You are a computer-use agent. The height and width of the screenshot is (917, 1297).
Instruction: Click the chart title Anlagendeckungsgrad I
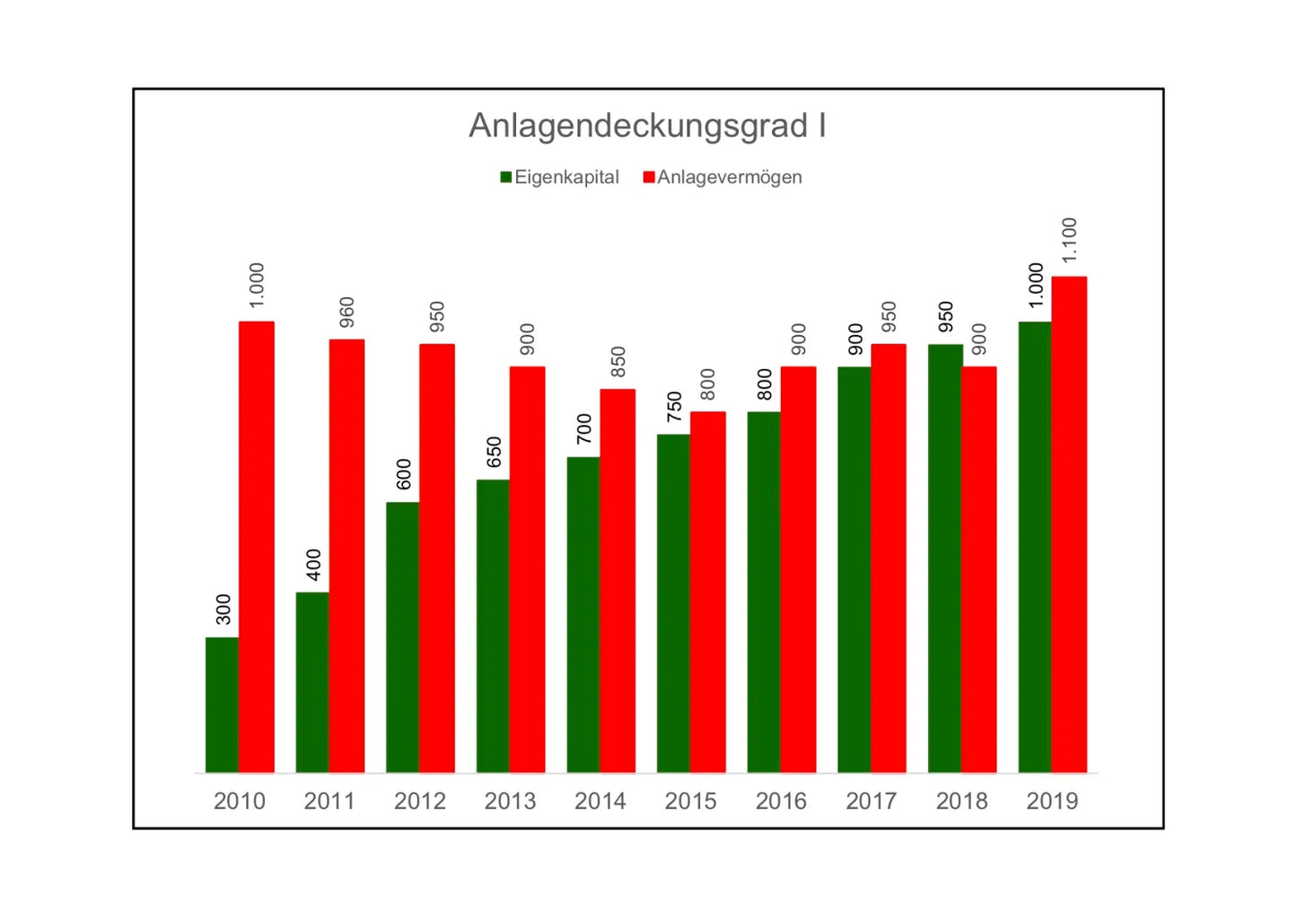click(x=647, y=126)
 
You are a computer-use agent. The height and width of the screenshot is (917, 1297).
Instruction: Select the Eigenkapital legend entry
click(x=560, y=177)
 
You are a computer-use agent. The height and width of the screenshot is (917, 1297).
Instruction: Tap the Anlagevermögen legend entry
click(x=723, y=177)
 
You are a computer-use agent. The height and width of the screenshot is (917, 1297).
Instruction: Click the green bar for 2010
click(x=222, y=705)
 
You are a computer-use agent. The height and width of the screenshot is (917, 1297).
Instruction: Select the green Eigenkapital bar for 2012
click(x=402, y=637)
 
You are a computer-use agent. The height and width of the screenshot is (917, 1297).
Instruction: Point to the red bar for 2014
click(x=618, y=580)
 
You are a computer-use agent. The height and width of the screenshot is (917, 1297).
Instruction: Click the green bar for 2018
click(x=944, y=558)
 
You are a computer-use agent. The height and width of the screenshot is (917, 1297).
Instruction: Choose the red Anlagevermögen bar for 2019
click(x=1069, y=525)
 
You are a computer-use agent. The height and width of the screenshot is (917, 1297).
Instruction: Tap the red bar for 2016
click(x=798, y=569)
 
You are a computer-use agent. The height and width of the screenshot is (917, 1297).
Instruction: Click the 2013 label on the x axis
click(x=510, y=801)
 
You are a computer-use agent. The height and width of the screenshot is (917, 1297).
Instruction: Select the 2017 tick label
click(x=871, y=801)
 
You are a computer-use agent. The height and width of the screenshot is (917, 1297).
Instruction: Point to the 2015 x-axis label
click(x=690, y=801)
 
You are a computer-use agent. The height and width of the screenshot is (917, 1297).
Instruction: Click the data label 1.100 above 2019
click(x=1069, y=241)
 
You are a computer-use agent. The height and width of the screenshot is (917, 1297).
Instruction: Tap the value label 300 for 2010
click(x=223, y=609)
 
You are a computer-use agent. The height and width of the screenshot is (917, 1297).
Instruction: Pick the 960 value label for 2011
click(x=347, y=312)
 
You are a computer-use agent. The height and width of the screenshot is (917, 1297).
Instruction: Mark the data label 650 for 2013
click(x=495, y=452)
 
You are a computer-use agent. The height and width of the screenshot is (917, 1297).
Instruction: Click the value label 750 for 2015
click(x=675, y=406)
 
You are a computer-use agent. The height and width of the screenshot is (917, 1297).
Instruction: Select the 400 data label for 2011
click(x=314, y=564)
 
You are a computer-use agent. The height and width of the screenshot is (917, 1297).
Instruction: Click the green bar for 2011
click(x=312, y=683)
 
